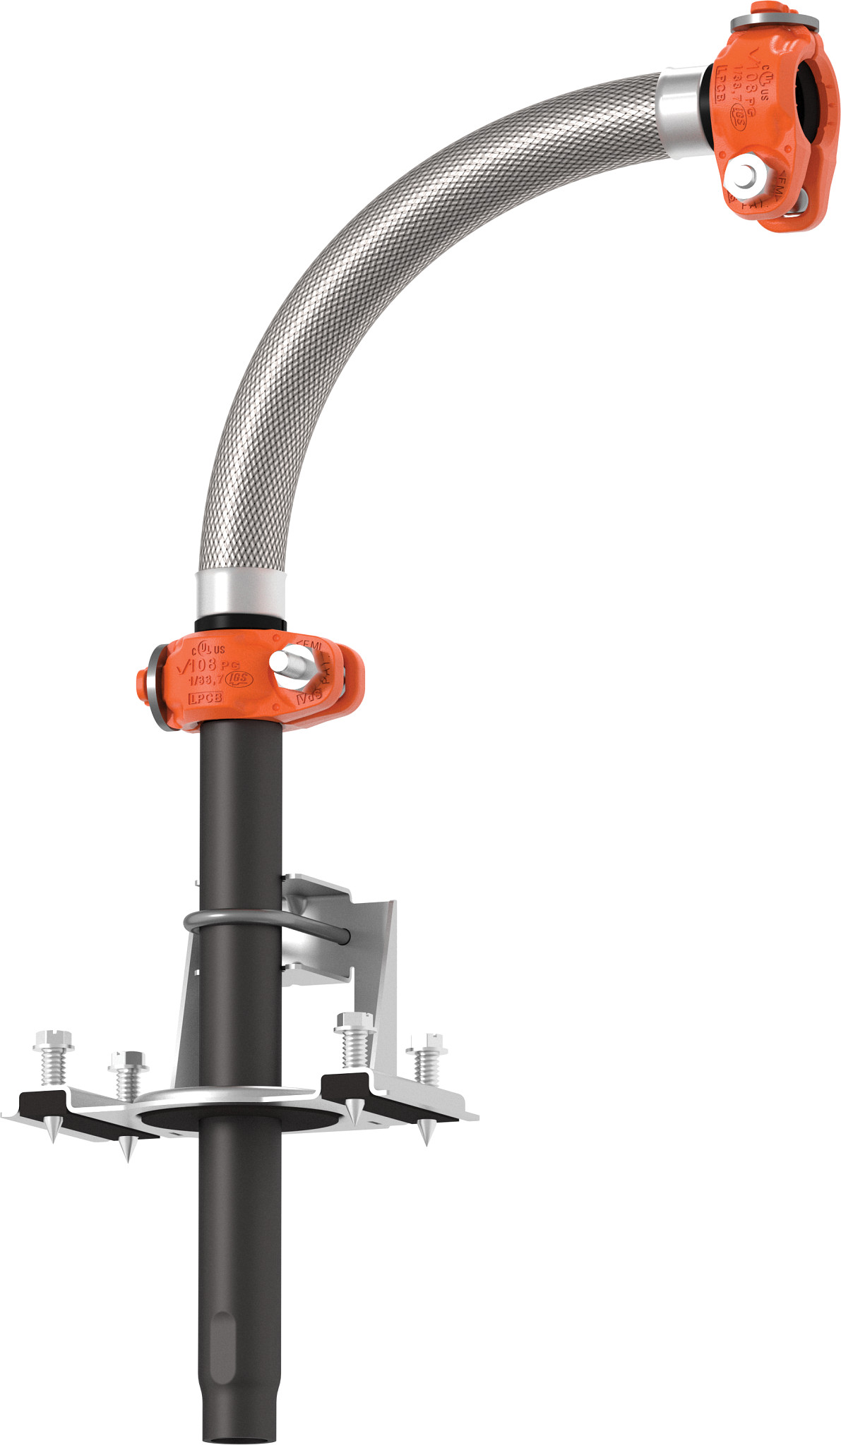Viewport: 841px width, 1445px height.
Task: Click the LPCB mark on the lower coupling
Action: coord(205,697)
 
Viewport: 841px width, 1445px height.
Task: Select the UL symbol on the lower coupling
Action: coord(203,646)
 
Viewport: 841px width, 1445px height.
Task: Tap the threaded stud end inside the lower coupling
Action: coord(286,662)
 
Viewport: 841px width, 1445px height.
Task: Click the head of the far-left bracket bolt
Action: coord(52,1039)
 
